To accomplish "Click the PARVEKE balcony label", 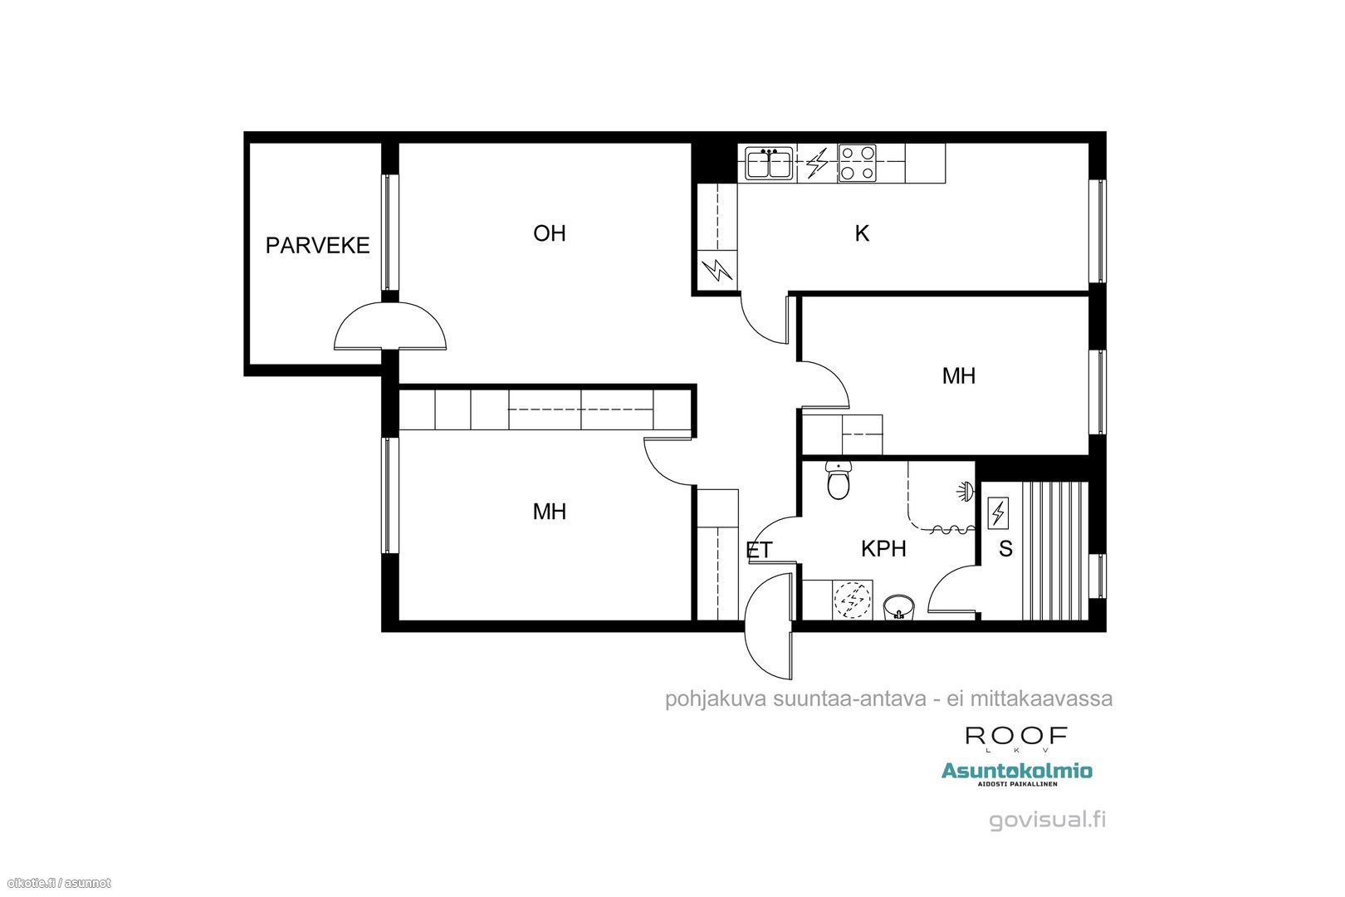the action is (317, 245).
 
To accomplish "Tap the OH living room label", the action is (550, 233).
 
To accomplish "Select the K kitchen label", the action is (862, 233).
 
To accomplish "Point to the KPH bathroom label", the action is (883, 548).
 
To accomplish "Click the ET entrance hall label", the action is (758, 551).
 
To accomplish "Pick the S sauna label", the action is (1005, 548).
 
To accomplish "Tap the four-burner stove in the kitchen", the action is (857, 164).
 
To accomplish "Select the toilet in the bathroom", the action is (838, 480).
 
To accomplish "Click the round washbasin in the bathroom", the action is (899, 607).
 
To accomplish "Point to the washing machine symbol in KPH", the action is (853, 600).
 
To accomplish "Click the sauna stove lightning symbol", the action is (998, 512).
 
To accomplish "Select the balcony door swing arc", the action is (390, 304).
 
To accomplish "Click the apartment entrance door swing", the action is (768, 626).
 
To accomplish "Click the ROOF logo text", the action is (1016, 737).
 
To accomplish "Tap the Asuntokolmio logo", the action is (1016, 773).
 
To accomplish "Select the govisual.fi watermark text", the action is (1047, 820).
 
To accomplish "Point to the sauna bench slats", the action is (1055, 551).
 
